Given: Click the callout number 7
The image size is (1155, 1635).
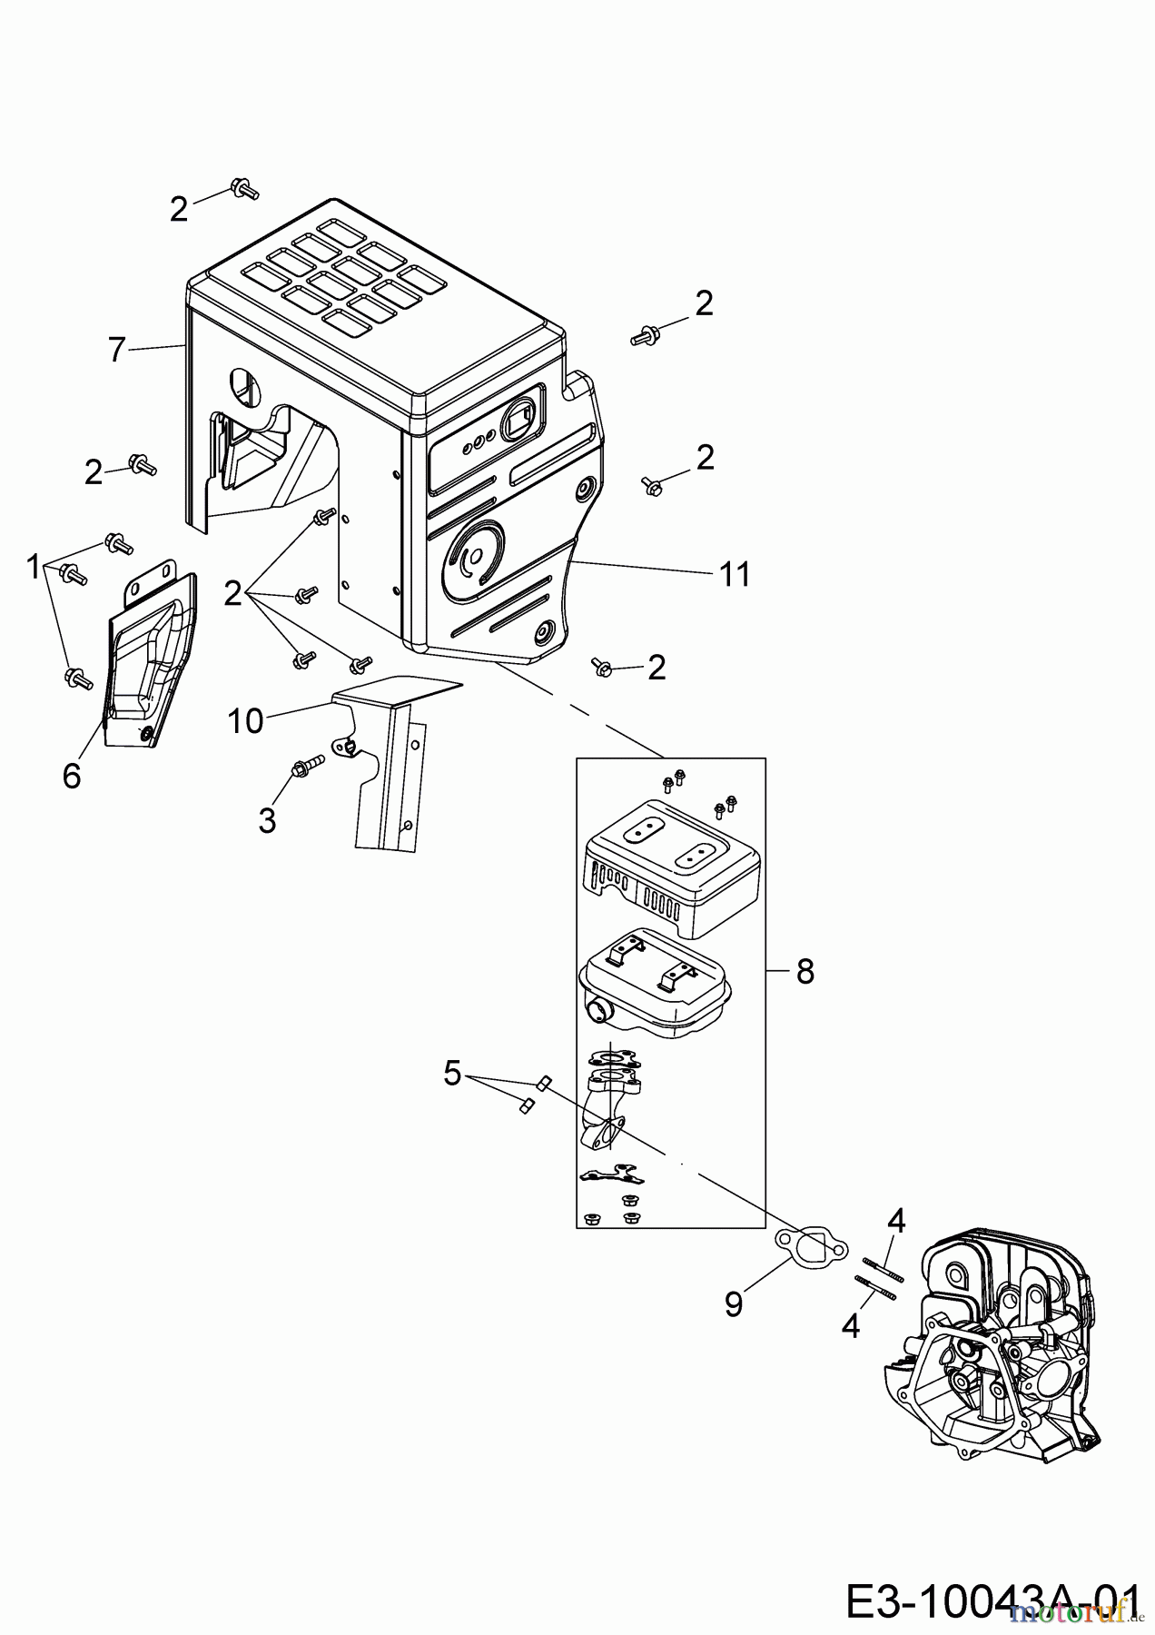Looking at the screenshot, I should click(x=115, y=350).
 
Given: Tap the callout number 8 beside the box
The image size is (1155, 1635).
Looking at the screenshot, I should click(x=805, y=972).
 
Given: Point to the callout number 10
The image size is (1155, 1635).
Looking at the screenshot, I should click(x=245, y=721).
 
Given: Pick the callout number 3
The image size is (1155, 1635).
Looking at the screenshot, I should click(x=266, y=820).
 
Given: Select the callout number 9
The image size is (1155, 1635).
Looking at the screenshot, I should click(x=734, y=1303).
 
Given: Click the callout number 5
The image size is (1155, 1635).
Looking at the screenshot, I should click(x=452, y=1074).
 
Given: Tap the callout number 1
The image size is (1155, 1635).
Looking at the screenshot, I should click(x=33, y=568).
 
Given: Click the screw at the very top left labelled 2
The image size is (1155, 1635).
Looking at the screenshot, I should click(x=245, y=188).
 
